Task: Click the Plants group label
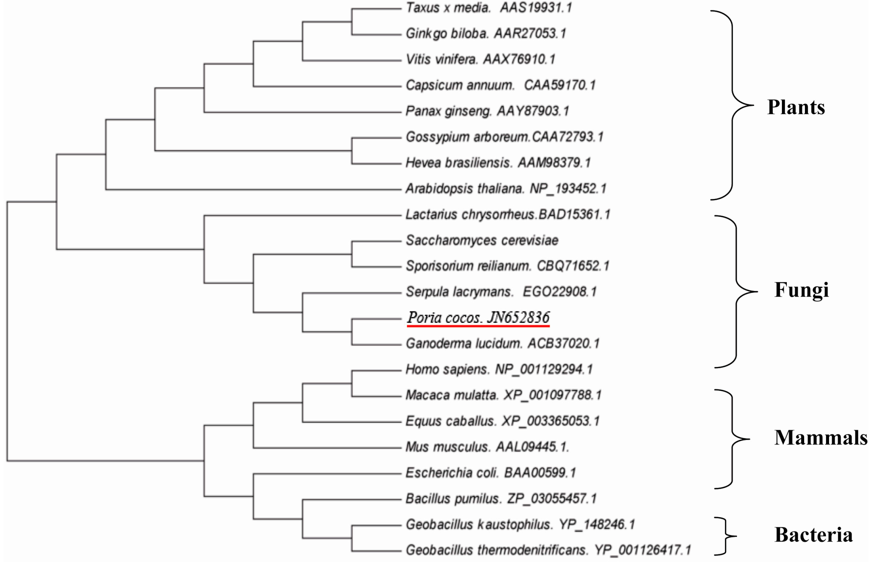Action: [796, 107]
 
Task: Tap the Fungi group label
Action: [801, 290]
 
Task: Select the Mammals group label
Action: [821, 437]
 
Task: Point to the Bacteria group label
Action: [813, 535]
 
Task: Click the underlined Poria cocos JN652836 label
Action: [478, 317]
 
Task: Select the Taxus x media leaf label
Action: [489, 8]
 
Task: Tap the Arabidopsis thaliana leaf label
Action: [506, 189]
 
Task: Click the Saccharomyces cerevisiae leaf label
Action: [482, 240]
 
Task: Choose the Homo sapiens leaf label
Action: [499, 369]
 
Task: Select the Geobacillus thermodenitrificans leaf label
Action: [548, 550]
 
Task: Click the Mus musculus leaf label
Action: [487, 447]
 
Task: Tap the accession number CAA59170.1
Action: [559, 85]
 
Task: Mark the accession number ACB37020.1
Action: [563, 343]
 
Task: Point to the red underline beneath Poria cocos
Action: [478, 326]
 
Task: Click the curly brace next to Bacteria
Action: [726, 536]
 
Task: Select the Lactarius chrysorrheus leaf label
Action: [508, 214]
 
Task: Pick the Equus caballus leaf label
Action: [502, 421]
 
